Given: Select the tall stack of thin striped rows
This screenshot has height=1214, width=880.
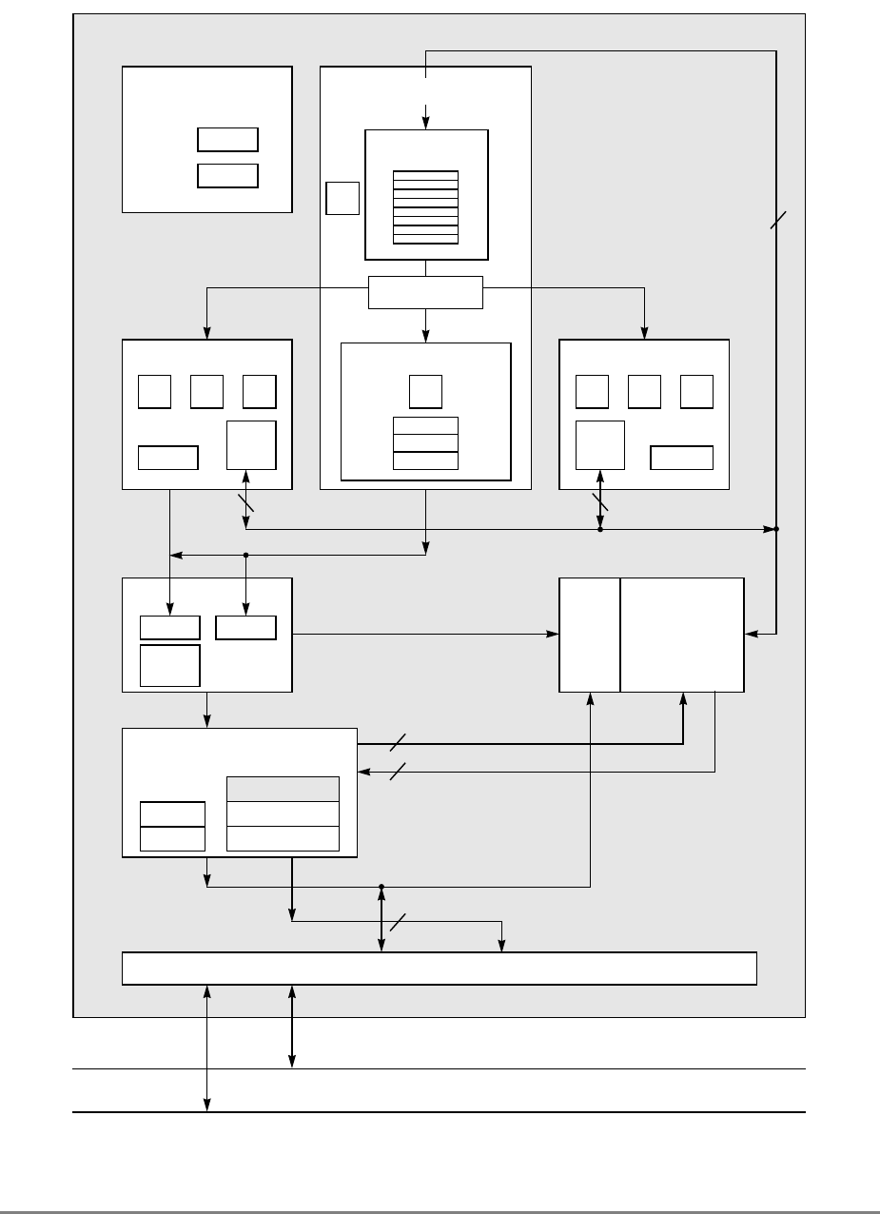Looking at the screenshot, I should pos(425,207).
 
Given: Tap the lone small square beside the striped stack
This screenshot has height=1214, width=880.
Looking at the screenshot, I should pos(342,198).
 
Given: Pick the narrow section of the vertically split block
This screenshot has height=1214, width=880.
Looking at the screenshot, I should pos(590,634).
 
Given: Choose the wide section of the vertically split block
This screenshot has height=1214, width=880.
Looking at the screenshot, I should pos(682,634).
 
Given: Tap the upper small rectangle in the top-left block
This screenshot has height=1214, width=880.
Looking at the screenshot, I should pos(227,139).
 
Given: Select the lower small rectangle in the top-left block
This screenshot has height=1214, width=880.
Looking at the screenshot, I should pos(227,175).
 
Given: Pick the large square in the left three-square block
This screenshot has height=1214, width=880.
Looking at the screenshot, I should pos(251,444).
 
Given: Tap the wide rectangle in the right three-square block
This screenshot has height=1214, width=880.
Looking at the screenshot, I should pos(681,457).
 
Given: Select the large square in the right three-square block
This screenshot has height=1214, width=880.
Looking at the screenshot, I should pos(600,444).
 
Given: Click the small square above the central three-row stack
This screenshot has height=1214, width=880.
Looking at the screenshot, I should pos(425,391).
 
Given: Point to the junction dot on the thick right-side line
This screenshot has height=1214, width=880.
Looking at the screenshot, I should pos(776,528).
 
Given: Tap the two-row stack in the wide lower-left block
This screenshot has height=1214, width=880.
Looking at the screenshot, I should pos(172,826).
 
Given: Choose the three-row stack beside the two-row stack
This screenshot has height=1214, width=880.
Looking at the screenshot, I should pos(283,813).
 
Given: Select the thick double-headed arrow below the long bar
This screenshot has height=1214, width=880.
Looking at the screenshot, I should pos(291,1027).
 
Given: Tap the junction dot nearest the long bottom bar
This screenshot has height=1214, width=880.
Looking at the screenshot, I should pos(381,887).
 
